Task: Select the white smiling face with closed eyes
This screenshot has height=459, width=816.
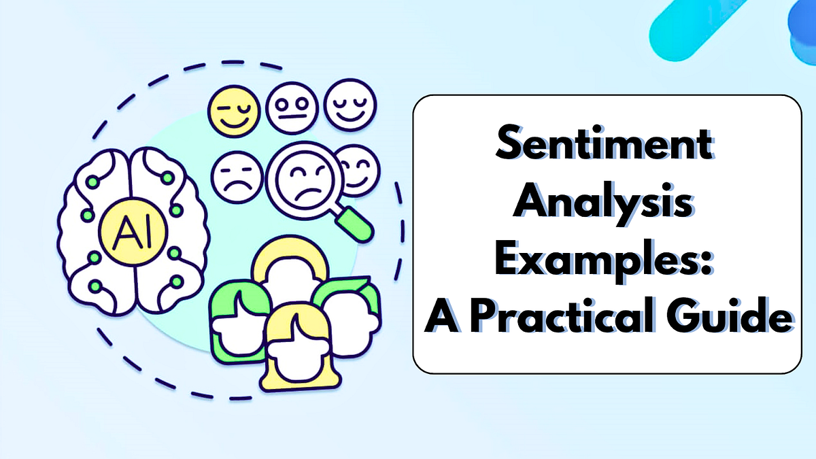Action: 350,105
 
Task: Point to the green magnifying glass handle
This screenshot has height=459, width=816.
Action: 355,224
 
